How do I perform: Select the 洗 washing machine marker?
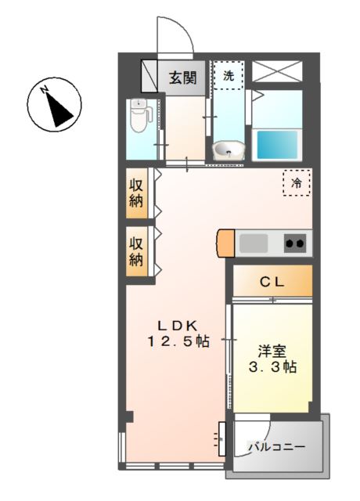point(229,76)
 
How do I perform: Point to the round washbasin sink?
point(229,149)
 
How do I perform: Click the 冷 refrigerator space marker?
point(297,182)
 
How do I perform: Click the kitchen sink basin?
point(254,243)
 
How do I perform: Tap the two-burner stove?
point(294,243)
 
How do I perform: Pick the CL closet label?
point(272,281)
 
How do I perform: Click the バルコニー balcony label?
point(276,448)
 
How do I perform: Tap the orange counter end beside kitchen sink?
point(225,243)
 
